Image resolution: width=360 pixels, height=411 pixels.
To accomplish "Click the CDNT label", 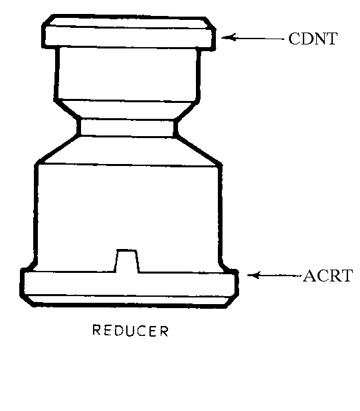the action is [313, 39].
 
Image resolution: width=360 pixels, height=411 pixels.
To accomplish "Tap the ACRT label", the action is [327, 276].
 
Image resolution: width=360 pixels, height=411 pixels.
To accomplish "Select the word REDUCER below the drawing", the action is [130, 330].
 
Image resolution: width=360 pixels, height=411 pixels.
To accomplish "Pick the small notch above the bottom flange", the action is [127, 261].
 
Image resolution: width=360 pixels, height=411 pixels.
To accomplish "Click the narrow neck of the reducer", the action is [127, 128].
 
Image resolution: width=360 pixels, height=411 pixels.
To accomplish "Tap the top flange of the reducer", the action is [129, 32].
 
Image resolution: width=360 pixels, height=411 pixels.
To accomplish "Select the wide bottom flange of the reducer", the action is [130, 288].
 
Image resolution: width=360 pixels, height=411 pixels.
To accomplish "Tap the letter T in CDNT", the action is [331, 39].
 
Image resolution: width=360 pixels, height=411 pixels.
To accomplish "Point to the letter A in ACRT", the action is [310, 276].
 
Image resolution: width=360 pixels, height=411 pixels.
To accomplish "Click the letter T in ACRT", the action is [346, 276].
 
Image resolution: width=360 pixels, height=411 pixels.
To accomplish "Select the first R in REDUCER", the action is [96, 330].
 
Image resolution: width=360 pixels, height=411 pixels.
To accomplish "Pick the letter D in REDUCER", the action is [119, 330].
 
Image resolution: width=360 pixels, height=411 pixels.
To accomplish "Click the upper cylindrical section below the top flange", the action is [127, 74].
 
